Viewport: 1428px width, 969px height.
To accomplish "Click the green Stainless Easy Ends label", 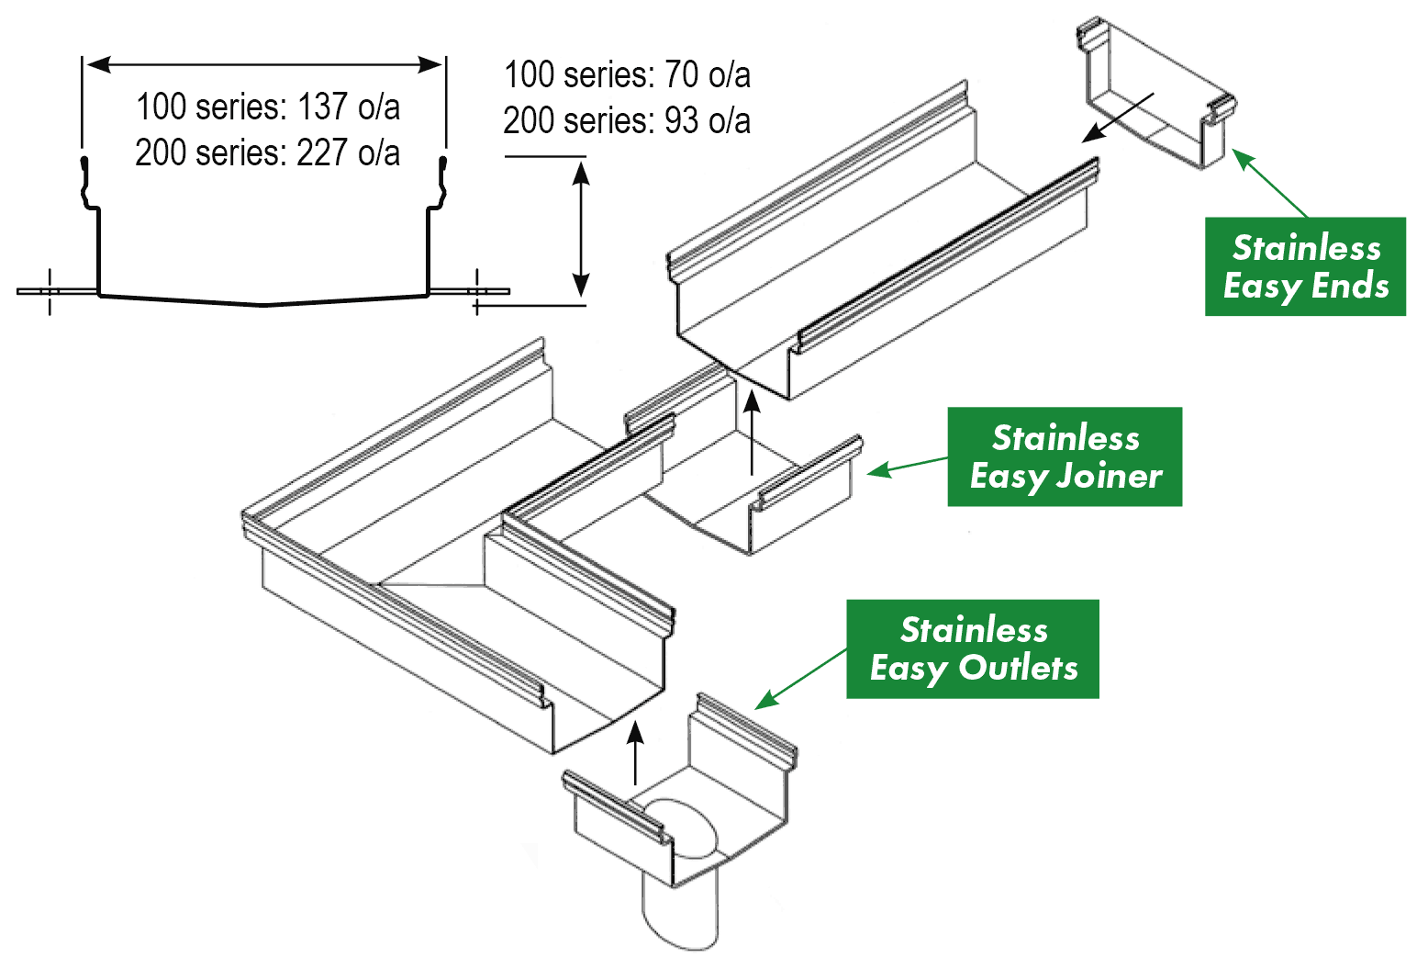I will coord(1304,266).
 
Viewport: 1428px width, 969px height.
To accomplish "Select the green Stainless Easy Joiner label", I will coord(1065,456).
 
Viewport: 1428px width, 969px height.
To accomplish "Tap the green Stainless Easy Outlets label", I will coord(973,648).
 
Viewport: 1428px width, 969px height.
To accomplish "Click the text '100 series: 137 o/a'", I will coord(267,107).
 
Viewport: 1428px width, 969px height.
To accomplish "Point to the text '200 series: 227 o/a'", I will coord(267,152).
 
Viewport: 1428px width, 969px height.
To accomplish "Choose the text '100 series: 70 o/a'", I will coord(627,74).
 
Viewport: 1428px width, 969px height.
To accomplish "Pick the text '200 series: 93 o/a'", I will coord(627,120).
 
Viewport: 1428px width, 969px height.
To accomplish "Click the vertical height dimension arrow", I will coord(580,227).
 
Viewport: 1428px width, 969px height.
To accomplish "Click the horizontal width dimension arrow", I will coord(264,64).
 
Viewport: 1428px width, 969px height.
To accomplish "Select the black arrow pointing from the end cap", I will coord(1117,118).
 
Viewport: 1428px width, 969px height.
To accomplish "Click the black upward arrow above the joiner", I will coord(752,432).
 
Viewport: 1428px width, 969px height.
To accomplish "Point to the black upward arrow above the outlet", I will coord(635,753).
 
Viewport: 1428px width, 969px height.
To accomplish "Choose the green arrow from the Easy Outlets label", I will coord(800,679).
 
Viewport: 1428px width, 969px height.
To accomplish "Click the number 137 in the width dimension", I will coord(321,107).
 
